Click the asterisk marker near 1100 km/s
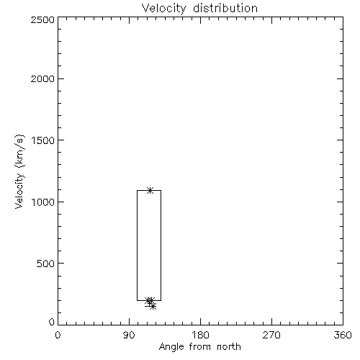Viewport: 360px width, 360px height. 150,191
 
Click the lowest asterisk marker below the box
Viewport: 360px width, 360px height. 153,307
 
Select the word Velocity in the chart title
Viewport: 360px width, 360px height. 163,9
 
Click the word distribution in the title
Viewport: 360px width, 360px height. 225,8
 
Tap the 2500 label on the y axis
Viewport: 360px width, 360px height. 42,19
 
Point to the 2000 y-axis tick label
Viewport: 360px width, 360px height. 42,78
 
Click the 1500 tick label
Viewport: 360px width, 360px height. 43,140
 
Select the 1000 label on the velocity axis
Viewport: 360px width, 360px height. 43,202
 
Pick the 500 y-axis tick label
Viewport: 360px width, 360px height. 46,264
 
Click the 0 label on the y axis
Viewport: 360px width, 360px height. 52,322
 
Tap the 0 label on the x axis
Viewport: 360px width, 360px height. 58,335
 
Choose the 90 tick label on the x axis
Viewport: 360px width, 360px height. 129,335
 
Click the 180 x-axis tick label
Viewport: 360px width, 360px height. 200,335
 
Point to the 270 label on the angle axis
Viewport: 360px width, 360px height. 271,335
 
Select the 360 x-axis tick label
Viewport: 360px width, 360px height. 343,335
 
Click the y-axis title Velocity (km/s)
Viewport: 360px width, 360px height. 19,171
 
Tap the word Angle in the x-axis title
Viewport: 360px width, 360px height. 171,347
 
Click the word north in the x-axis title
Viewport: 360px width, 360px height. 229,347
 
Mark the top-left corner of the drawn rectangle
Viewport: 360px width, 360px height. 137,190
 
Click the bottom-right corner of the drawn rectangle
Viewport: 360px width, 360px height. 161,300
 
